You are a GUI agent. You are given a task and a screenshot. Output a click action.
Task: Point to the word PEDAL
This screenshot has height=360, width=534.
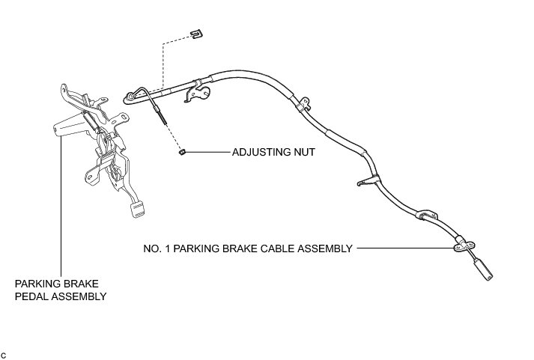(32, 296)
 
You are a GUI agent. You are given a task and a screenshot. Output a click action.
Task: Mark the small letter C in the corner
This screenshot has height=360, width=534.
(4, 353)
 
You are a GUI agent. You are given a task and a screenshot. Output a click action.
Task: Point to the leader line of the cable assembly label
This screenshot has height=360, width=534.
(404, 248)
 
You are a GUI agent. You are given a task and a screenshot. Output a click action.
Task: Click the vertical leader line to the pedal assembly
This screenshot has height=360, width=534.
(61, 202)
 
